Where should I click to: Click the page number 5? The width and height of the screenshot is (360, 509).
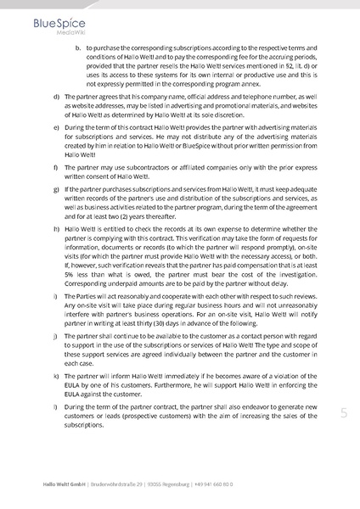pos(344,413)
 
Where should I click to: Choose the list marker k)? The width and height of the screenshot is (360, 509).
pos(55,374)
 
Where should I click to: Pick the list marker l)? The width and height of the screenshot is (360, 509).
pos(55,406)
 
